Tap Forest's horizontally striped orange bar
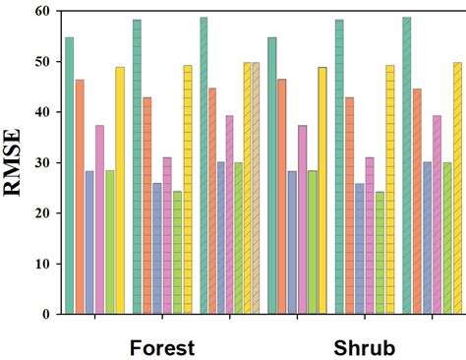[147, 206]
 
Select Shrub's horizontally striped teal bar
[339, 167]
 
